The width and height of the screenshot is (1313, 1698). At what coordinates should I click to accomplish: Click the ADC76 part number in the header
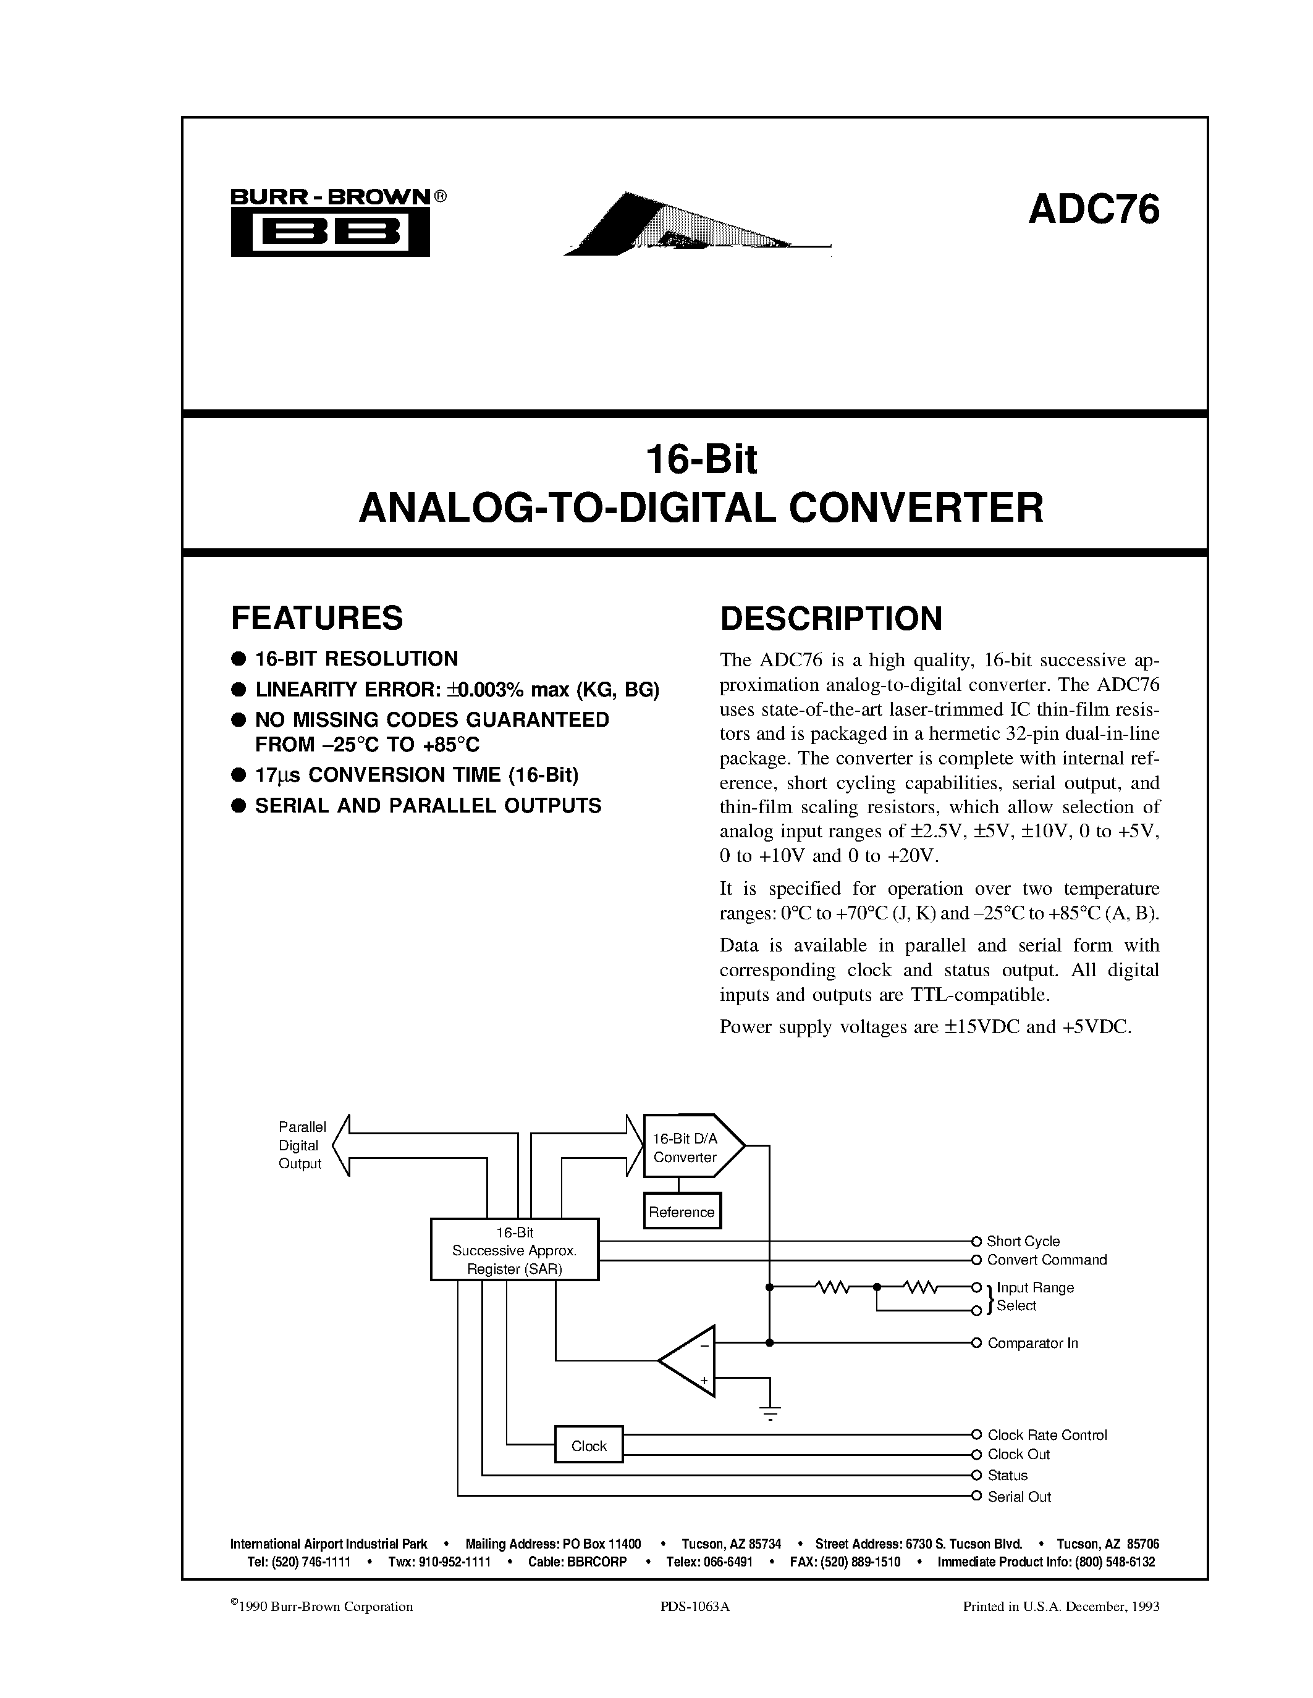[x=1093, y=210]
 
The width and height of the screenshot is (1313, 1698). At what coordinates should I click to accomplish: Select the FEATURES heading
[x=316, y=618]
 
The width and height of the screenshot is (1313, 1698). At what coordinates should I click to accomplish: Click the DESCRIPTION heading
[x=830, y=619]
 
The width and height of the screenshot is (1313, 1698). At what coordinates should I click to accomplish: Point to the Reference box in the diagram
[x=682, y=1212]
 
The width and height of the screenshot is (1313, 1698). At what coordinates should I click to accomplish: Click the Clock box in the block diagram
[x=588, y=1446]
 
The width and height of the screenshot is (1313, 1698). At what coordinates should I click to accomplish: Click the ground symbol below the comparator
[x=770, y=1411]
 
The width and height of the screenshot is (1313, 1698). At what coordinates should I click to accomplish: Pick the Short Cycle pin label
[x=1023, y=1242]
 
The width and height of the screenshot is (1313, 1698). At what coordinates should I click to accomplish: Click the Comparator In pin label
[x=1032, y=1344]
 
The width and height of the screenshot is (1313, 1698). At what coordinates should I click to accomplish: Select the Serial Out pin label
[x=1019, y=1497]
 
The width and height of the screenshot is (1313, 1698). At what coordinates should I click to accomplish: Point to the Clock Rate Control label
[x=1047, y=1435]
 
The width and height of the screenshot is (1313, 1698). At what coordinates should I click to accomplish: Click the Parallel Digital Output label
[x=301, y=1145]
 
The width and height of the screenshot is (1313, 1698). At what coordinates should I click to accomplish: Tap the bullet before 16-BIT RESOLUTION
[x=239, y=659]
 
